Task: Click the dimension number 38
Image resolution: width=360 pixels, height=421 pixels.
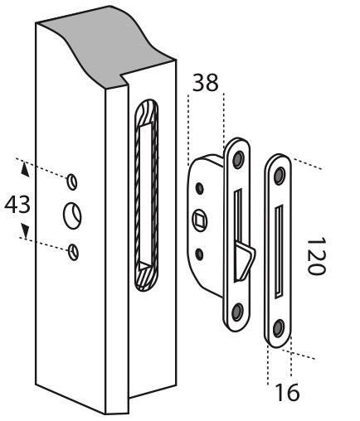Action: click(205, 82)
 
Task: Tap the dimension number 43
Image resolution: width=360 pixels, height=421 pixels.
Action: click(17, 204)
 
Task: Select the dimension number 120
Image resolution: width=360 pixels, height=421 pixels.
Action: click(316, 256)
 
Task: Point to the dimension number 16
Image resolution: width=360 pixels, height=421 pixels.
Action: click(288, 392)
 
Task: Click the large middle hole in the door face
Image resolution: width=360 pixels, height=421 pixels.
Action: click(72, 215)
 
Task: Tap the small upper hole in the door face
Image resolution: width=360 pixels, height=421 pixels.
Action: click(72, 181)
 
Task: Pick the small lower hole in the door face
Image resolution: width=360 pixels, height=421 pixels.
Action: click(74, 252)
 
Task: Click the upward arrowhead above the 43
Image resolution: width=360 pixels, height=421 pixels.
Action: click(25, 169)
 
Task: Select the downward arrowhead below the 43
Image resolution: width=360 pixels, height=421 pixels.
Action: click(26, 231)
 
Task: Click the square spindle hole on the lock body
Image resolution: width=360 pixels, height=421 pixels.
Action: click(200, 220)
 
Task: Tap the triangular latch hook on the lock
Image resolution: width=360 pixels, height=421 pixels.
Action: click(244, 259)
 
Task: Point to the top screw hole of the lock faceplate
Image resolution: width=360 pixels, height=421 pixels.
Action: click(238, 159)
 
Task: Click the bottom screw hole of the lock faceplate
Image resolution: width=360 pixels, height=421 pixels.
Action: click(237, 312)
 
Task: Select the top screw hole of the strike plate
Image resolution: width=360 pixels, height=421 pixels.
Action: click(280, 176)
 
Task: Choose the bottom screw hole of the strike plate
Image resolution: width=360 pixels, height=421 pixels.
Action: click(279, 328)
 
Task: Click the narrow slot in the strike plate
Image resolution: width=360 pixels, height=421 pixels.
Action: click(279, 252)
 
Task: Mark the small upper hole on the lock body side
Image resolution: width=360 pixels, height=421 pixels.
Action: click(200, 188)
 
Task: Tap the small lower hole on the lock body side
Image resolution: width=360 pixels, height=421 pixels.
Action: click(199, 254)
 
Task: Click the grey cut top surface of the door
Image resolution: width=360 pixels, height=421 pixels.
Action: click(105, 47)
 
